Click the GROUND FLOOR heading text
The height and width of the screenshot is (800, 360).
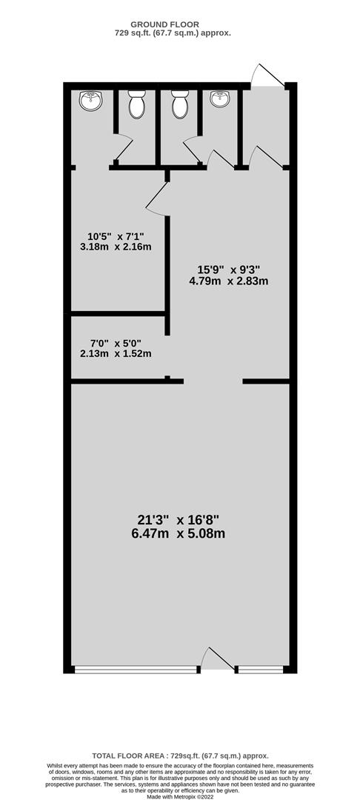pos(164,24)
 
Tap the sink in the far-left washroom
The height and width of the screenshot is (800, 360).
pos(91,100)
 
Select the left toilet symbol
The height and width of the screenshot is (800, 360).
pos(136,104)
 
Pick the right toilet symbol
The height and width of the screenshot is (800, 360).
pos(180,104)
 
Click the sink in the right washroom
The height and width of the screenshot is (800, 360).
pos(220,99)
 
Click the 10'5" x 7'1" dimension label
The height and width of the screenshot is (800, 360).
pos(116,236)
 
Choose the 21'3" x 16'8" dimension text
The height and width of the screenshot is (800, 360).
pos(178,521)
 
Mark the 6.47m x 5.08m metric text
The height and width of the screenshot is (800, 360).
pos(178,534)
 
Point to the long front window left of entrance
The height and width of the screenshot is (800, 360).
pos(136,670)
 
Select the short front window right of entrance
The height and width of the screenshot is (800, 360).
pos(261,670)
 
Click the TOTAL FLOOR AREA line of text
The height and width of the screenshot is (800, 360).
pos(180,756)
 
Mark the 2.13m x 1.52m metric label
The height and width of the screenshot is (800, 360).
pos(116,353)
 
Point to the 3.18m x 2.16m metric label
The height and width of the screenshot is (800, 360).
pos(116,247)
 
